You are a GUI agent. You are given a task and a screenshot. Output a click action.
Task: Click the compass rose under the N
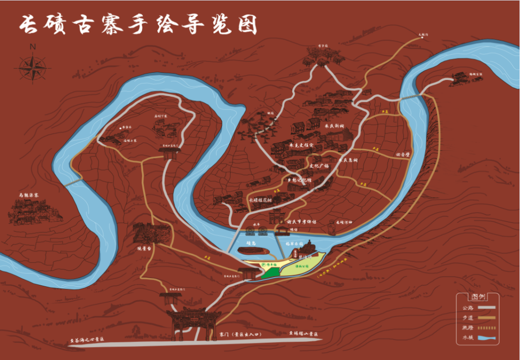click(32, 67)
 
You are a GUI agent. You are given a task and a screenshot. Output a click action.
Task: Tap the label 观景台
click(144, 249)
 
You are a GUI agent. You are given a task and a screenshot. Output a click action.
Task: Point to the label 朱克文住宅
click(301, 145)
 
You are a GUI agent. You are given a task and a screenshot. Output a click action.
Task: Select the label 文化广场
click(319, 166)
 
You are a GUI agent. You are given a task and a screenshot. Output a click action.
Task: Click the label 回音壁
click(402, 155)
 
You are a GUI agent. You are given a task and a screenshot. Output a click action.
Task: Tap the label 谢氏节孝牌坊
click(301, 222)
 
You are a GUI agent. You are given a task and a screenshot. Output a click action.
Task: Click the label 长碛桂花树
click(260, 199)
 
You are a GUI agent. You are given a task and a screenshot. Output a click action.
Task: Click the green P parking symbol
click(263, 265)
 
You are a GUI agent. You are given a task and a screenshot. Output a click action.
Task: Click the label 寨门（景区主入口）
click(239, 333)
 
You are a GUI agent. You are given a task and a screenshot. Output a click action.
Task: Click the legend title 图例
click(477, 296)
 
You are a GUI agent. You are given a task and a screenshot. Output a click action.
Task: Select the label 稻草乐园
click(294, 244)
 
